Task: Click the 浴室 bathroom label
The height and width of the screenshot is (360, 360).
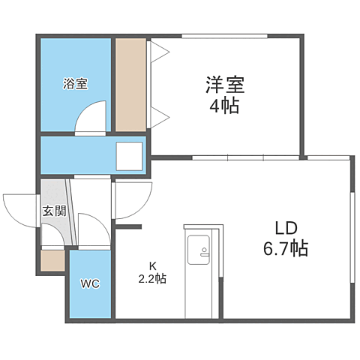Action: pyautogui.click(x=75, y=84)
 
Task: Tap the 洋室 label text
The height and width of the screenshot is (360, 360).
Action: pyautogui.click(x=223, y=84)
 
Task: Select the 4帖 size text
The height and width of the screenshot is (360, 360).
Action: pyautogui.click(x=223, y=106)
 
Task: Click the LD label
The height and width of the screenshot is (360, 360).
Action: pyautogui.click(x=286, y=228)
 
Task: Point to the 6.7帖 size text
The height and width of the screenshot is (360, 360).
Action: pyautogui.click(x=286, y=249)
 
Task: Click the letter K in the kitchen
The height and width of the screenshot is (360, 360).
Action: pyautogui.click(x=151, y=265)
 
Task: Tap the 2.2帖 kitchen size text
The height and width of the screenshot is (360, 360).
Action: pyautogui.click(x=151, y=279)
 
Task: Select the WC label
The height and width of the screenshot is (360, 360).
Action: pyautogui.click(x=91, y=284)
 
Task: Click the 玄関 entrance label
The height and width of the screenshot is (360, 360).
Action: pyautogui.click(x=54, y=211)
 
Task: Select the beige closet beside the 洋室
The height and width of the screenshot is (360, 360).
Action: pyautogui.click(x=131, y=84)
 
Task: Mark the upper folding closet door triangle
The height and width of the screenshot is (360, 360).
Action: pyautogui.click(x=159, y=51)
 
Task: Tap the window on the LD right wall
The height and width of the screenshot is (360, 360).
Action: pyautogui.click(x=352, y=237)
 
